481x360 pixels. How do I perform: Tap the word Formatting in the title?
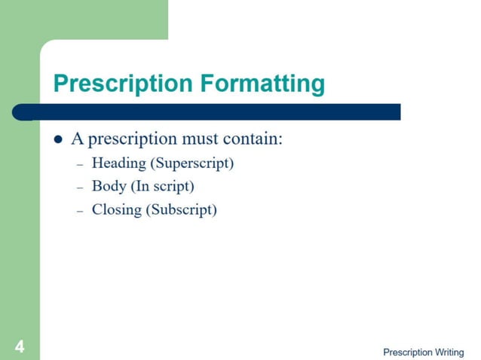pos(262,84)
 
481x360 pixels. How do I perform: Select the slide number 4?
pos(19,346)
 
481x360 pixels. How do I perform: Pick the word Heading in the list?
pos(119,163)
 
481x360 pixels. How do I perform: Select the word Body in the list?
pos(109,186)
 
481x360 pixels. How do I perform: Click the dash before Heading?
pos(81,165)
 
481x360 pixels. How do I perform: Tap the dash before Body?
pos(81,188)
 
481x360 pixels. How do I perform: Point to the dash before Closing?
pos(81,212)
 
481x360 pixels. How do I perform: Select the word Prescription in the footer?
pos(408,352)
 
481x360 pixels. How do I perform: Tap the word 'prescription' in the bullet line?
pos(133,140)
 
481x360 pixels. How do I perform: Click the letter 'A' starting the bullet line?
pos(77,139)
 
